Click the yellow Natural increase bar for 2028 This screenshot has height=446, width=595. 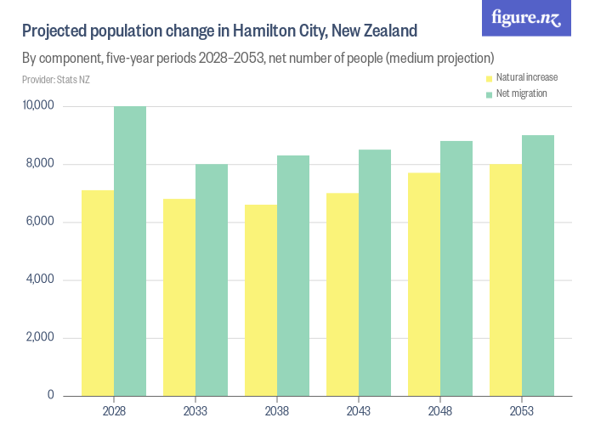click(x=98, y=293)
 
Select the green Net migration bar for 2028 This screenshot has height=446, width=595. click(x=130, y=251)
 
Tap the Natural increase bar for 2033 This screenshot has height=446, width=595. click(x=179, y=297)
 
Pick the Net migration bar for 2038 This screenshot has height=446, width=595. click(x=293, y=275)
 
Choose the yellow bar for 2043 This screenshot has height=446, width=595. click(x=343, y=294)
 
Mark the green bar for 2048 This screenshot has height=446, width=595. click(x=456, y=268)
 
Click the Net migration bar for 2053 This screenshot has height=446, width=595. click(x=538, y=265)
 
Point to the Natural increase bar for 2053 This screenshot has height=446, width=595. click(x=506, y=279)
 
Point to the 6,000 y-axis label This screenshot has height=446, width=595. click(x=40, y=222)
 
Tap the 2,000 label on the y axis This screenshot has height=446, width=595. click(x=40, y=337)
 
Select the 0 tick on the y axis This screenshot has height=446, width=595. click(x=50, y=395)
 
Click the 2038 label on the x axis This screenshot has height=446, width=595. click(x=277, y=411)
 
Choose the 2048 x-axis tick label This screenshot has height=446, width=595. click(x=440, y=411)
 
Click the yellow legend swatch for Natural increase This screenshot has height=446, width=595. click(x=489, y=78)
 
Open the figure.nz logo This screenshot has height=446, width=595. click(x=526, y=18)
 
